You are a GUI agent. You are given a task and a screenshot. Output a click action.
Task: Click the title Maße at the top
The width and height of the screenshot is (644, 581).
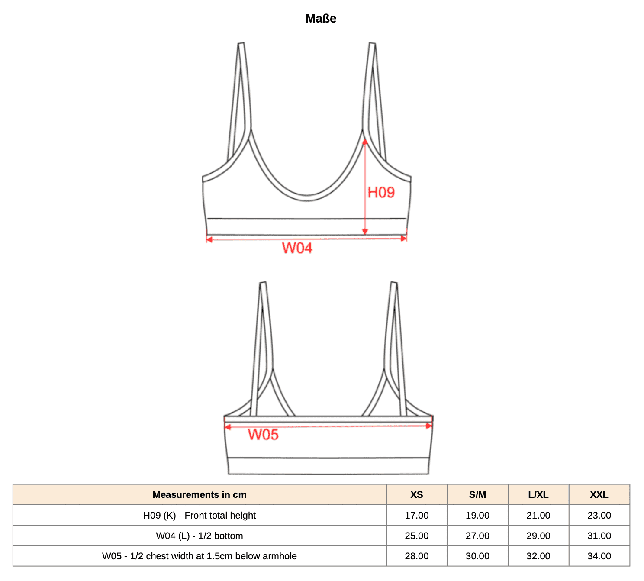[x=321, y=19]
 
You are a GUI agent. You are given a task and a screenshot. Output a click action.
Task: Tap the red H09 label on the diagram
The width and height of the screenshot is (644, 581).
[x=381, y=193]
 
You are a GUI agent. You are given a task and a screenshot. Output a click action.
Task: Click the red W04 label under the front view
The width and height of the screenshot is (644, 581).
[x=297, y=248]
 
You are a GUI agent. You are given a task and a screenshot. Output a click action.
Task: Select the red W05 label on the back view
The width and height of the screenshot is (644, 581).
[x=263, y=435]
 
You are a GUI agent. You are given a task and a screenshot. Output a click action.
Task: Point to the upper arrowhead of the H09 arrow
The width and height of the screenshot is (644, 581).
[x=365, y=142]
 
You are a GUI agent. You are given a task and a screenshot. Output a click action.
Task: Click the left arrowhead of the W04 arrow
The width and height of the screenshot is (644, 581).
[x=209, y=239]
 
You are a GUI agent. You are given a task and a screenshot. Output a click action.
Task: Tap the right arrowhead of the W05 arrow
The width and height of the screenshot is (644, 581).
[x=428, y=426]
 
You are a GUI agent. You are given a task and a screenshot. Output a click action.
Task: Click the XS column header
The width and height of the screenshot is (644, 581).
[x=417, y=494]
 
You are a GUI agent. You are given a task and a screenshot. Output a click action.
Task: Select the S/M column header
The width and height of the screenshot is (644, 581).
[x=478, y=494]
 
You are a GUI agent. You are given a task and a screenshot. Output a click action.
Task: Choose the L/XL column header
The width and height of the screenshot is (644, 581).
[x=538, y=494]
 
